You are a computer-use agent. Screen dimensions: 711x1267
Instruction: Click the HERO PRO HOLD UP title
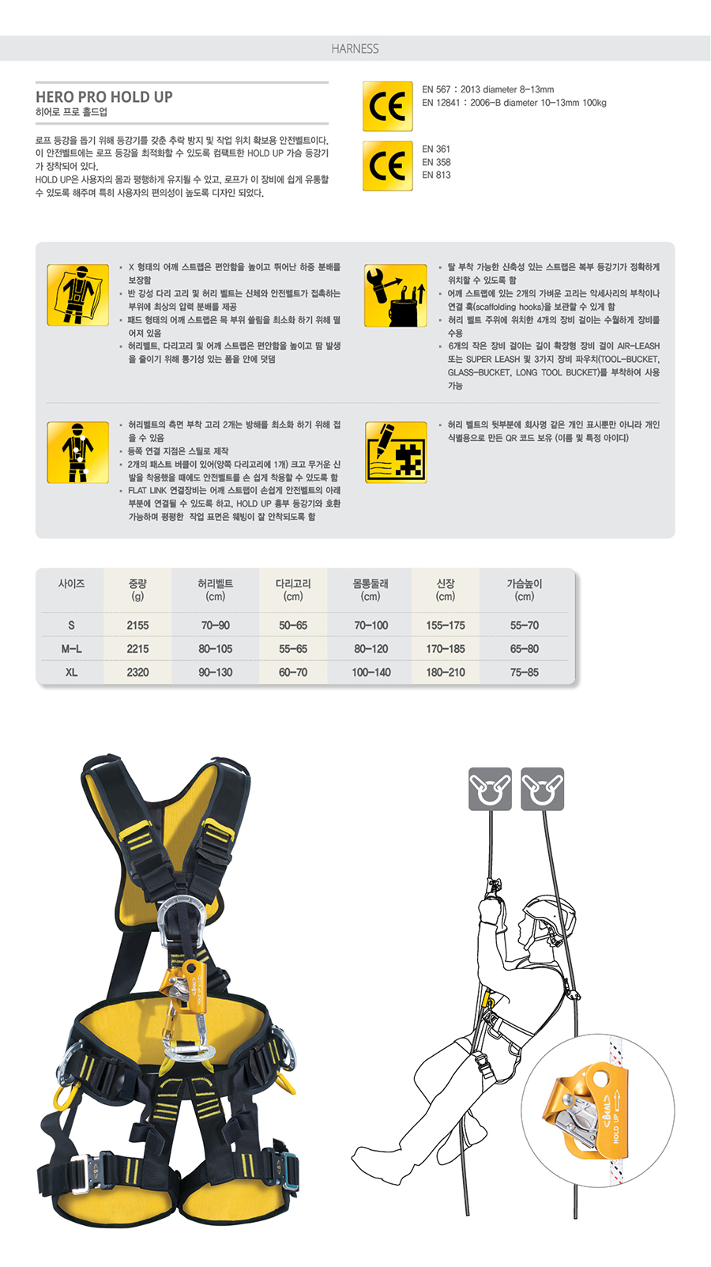point(104,96)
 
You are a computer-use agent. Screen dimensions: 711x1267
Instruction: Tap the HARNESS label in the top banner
point(355,49)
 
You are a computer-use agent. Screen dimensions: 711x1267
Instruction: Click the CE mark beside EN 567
point(388,107)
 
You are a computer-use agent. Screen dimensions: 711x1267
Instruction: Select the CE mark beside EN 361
point(388,166)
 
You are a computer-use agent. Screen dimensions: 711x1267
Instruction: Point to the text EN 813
point(436,175)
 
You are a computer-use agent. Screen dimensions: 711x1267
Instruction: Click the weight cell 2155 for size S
point(137,625)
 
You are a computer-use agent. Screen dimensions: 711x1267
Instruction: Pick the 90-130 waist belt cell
point(216,672)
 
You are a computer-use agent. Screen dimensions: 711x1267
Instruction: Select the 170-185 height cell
point(446,649)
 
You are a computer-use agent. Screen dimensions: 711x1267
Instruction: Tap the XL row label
point(71,672)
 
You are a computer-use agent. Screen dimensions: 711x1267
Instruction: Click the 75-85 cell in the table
point(525,672)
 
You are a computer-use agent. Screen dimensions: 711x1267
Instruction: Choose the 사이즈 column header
point(71,583)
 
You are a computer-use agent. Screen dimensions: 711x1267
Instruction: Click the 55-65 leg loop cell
point(293,649)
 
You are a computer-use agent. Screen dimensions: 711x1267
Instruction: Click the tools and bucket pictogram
point(396,296)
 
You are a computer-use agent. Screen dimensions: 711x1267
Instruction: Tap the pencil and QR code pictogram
point(396,452)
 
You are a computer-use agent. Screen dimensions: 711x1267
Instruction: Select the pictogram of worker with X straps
point(78,295)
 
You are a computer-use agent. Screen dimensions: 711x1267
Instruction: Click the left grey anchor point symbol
point(490,789)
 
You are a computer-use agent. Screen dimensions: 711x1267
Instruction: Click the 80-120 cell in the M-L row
point(371,649)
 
